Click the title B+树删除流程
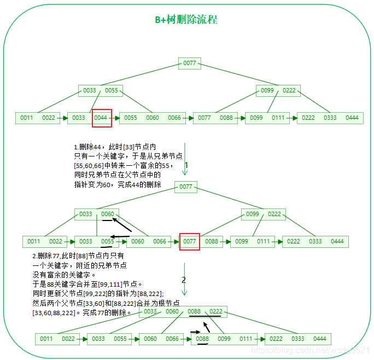pyautogui.click(x=186, y=20)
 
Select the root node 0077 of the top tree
pyautogui.click(x=189, y=63)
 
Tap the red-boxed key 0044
pyautogui.click(x=101, y=118)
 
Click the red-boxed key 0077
pyautogui.click(x=190, y=241)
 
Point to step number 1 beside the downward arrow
pyautogui.click(x=186, y=165)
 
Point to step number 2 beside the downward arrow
pyautogui.click(x=184, y=280)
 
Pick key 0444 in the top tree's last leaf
pyautogui.click(x=352, y=118)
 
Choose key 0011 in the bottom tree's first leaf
pyautogui.click(x=46, y=339)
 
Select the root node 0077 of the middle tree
pyautogui.click(x=186, y=187)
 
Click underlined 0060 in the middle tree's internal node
pyautogui.click(x=108, y=214)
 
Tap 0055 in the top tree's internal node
pyautogui.click(x=112, y=90)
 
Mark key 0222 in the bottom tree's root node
pyautogui.click(x=215, y=311)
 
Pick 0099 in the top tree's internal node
pyautogui.click(x=267, y=90)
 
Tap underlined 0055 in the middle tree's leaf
pyautogui.click(x=108, y=241)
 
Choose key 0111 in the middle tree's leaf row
pyautogui.click(x=264, y=241)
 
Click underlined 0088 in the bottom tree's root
pyautogui.click(x=194, y=311)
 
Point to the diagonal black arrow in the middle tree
pyautogui.click(x=122, y=224)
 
